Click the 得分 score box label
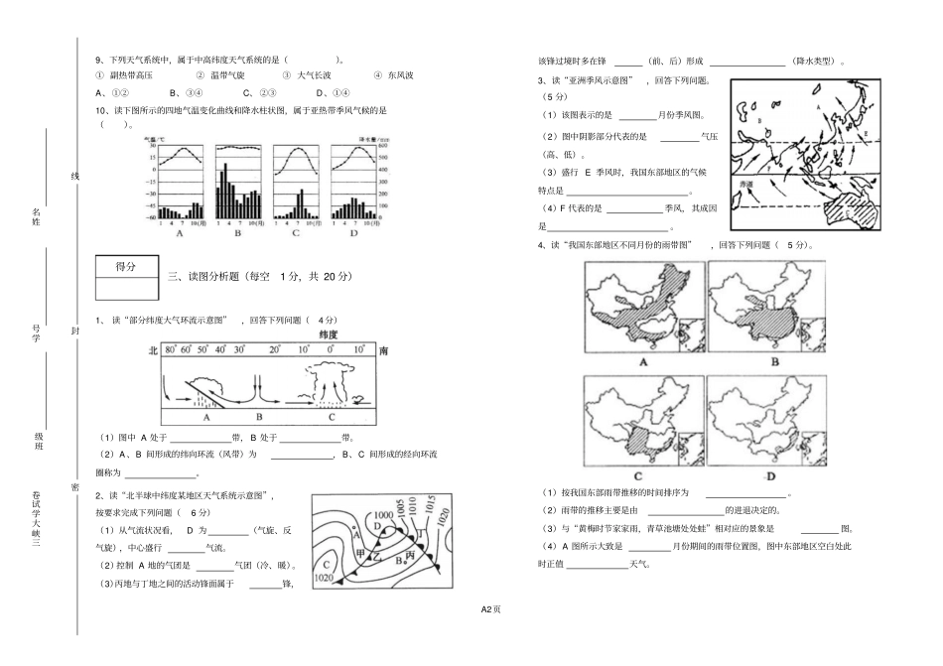tap(125, 266)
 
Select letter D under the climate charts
tap(353, 234)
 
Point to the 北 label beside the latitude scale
tap(153, 350)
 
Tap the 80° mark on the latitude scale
tap(171, 350)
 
